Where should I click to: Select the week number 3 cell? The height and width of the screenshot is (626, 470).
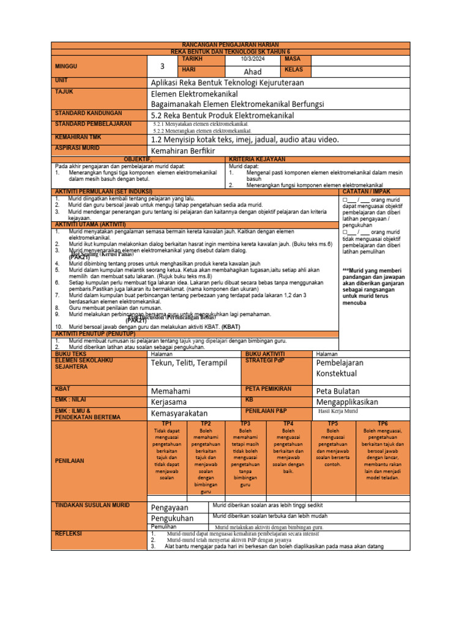coord(162,67)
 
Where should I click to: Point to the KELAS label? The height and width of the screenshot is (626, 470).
coord(294,70)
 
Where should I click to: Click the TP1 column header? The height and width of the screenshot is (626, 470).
coord(166,423)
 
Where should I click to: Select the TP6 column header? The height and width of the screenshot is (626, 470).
coord(382,423)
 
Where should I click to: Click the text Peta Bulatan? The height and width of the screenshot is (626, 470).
coord(337,391)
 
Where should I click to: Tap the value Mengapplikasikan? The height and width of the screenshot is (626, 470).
coord(346,402)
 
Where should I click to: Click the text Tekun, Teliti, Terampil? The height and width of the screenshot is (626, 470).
coord(188,363)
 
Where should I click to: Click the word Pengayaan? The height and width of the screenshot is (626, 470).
coord(170,507)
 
